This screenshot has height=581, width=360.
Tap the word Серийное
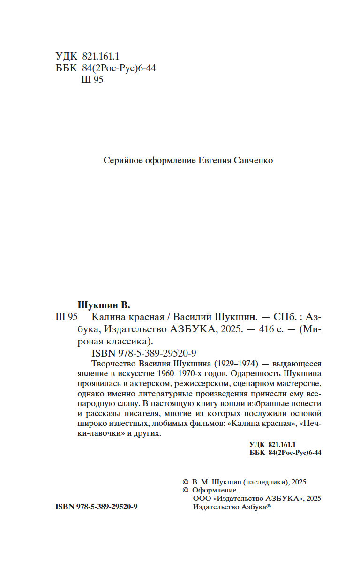click(x=122, y=160)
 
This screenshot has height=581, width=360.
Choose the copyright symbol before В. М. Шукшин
click(x=184, y=481)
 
